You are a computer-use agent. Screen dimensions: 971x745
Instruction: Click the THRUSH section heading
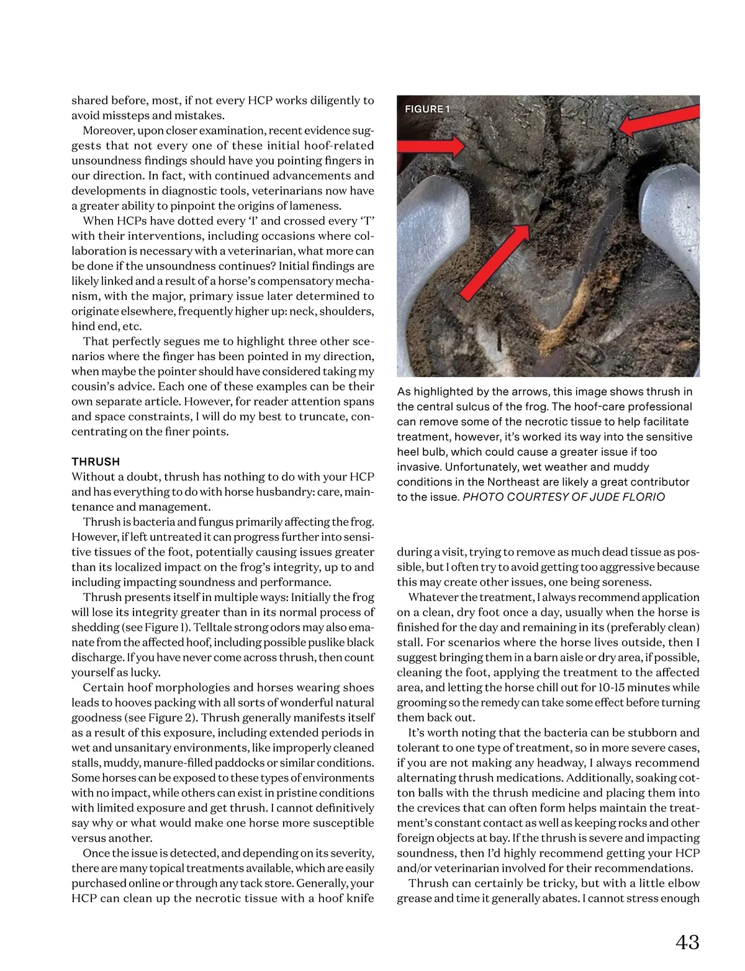96,461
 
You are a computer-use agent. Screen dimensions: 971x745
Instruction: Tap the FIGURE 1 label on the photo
427,109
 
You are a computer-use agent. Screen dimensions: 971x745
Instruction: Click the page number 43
687,942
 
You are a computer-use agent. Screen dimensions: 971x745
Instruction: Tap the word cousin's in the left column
93,386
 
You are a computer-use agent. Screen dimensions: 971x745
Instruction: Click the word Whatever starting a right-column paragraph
434,597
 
